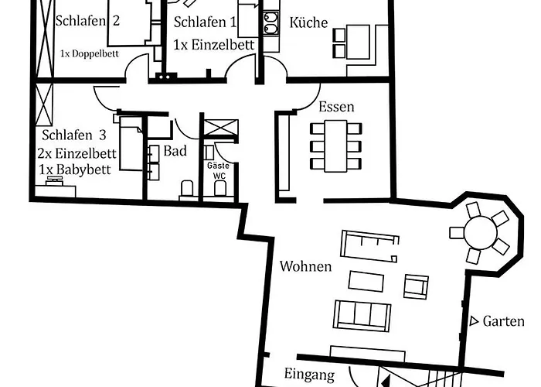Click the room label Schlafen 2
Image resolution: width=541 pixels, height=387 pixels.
[87, 20]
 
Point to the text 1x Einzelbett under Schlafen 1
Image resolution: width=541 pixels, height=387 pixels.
[213, 44]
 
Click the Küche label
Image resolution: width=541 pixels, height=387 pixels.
[308, 23]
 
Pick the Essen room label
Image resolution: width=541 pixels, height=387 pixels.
[336, 107]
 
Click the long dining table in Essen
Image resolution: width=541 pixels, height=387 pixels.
[336, 147]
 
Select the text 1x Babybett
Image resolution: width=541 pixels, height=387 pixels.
[74, 170]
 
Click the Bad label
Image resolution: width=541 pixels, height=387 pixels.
[175, 151]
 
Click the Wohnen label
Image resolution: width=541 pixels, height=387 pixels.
[305, 267]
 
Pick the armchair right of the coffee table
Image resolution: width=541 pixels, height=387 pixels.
[417, 286]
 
